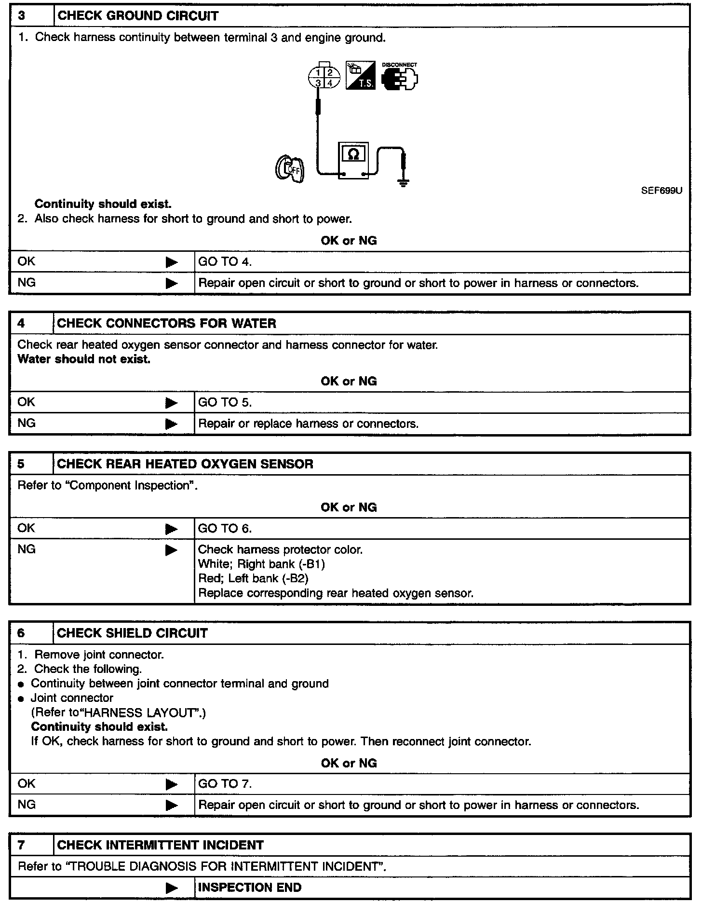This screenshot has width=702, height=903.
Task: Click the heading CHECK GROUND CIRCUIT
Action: coord(137,16)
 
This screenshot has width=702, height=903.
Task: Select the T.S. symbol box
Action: coord(360,75)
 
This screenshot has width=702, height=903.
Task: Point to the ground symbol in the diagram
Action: coord(404,182)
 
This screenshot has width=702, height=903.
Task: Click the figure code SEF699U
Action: coord(661,191)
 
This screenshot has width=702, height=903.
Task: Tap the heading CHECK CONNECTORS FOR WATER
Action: coord(166,323)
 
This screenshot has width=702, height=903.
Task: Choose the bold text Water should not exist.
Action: coord(84,359)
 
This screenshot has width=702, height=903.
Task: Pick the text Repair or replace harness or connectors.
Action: coord(308,424)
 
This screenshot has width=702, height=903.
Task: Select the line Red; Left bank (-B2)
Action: coord(253,578)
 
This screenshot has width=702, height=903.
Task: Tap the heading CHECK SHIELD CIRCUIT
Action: coord(132,633)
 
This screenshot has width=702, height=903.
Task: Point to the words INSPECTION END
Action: coord(250,888)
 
